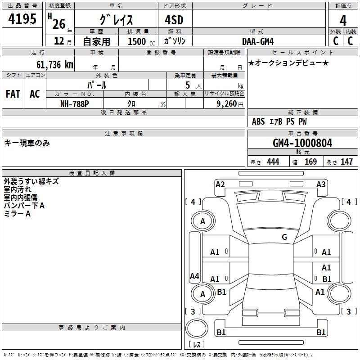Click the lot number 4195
tap(22, 18)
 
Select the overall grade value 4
tap(343, 20)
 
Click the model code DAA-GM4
tap(258, 41)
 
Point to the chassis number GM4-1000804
tap(302, 144)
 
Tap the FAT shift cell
tap(13, 94)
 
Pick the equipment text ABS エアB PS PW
tap(279, 121)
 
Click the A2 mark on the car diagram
tap(220, 184)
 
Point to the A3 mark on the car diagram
tap(321, 184)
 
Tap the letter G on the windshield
tap(284, 237)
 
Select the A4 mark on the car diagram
tap(194, 276)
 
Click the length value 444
tap(273, 162)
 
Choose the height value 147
tap(346, 162)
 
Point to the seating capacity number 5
tap(187, 85)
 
